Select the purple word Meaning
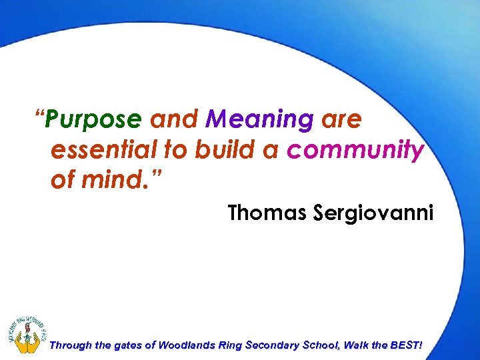[259, 121]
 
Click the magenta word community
[355, 151]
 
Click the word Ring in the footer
[231, 345]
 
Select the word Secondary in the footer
[276, 345]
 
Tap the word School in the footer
[325, 345]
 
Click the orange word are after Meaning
[342, 121]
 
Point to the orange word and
[174, 121]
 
